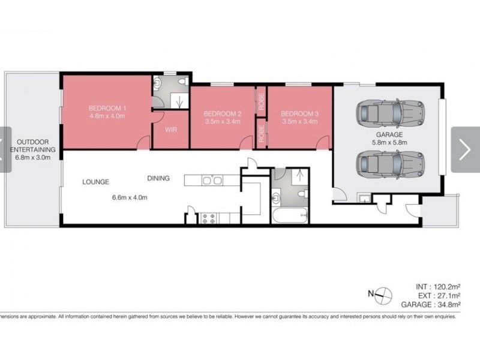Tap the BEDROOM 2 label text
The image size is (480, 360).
pyautogui.click(x=222, y=113)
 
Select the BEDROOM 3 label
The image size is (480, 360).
pyautogui.click(x=299, y=113)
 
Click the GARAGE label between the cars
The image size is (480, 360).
pyautogui.click(x=390, y=135)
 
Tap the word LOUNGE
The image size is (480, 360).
pyautogui.click(x=95, y=181)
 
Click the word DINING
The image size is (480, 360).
pyautogui.click(x=158, y=178)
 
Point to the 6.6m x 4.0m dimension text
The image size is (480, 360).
pyautogui.click(x=129, y=197)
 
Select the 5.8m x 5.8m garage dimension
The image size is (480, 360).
pyautogui.click(x=390, y=143)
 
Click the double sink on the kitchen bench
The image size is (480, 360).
pyautogui.click(x=212, y=179)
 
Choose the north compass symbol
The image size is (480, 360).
pyautogui.click(x=382, y=294)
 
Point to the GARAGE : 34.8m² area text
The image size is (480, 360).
pyautogui.click(x=431, y=305)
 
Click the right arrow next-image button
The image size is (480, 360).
pyautogui.click(x=465, y=149)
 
